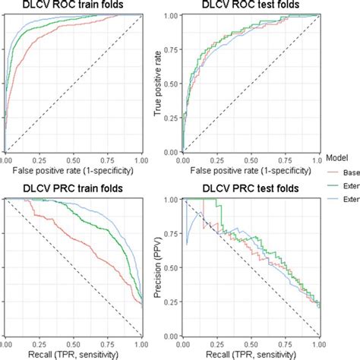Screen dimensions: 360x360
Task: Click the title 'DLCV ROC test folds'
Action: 250,7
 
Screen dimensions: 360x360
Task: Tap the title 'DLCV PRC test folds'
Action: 250,187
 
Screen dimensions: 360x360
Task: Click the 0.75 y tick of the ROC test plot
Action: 172,49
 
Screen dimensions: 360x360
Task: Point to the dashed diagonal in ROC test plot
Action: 251,84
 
